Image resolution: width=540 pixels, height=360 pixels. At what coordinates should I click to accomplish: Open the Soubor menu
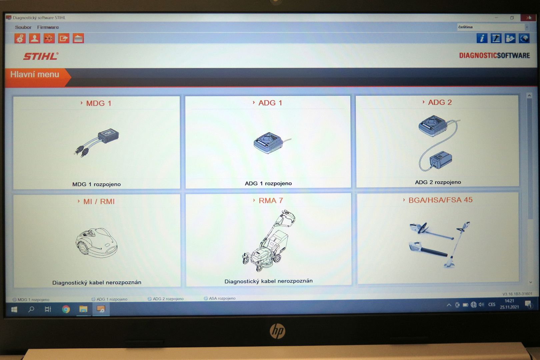(x=23, y=27)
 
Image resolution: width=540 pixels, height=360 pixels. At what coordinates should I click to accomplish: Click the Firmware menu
(x=48, y=27)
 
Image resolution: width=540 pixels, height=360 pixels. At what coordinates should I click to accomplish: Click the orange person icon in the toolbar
(x=35, y=38)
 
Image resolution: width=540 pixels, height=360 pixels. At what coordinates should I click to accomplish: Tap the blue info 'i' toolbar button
(x=482, y=38)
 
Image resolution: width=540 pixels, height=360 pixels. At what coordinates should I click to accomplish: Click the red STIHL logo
(x=41, y=56)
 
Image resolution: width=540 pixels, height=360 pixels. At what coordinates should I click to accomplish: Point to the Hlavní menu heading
(x=35, y=74)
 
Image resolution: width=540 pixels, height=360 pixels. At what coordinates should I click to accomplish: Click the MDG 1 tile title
(x=99, y=103)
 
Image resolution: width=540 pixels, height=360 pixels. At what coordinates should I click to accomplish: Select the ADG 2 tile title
(x=440, y=102)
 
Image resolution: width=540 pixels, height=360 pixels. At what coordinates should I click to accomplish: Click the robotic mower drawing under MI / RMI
(x=96, y=242)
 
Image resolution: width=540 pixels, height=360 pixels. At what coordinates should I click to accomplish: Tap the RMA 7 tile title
(x=271, y=200)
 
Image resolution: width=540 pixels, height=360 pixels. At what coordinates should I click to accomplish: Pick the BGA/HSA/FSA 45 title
(x=440, y=200)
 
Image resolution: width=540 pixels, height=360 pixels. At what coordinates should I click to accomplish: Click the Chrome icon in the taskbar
(x=66, y=309)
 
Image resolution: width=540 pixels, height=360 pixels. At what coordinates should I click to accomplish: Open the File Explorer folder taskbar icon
(x=83, y=309)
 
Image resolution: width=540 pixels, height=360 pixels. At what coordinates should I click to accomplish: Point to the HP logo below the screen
(x=277, y=331)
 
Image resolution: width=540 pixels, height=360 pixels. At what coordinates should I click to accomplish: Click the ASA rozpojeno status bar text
(x=222, y=298)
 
